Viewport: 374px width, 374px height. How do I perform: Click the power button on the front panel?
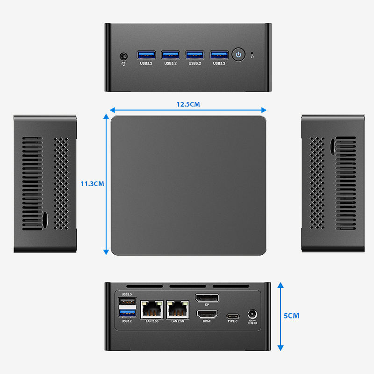(x=239, y=54)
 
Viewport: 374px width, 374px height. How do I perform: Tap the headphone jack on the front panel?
(x=123, y=55)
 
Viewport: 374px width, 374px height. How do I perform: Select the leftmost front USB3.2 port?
(x=145, y=54)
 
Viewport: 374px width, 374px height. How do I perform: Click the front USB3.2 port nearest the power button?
(x=218, y=54)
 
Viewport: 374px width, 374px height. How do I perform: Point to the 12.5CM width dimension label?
(x=188, y=104)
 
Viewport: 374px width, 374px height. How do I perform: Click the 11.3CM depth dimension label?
(x=92, y=184)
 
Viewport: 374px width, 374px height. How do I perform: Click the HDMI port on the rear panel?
(x=207, y=314)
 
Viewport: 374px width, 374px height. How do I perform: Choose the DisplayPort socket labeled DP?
(x=207, y=298)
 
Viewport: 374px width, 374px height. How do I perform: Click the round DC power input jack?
(x=252, y=314)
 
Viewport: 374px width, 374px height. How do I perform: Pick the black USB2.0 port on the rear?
(x=127, y=302)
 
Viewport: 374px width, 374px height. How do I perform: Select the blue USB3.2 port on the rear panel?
(x=127, y=313)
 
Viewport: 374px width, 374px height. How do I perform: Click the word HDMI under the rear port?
(x=207, y=321)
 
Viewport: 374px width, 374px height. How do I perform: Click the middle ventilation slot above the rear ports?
(x=188, y=287)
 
